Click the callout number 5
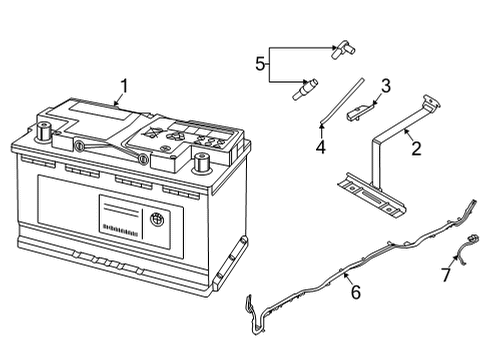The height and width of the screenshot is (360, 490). (260, 65)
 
